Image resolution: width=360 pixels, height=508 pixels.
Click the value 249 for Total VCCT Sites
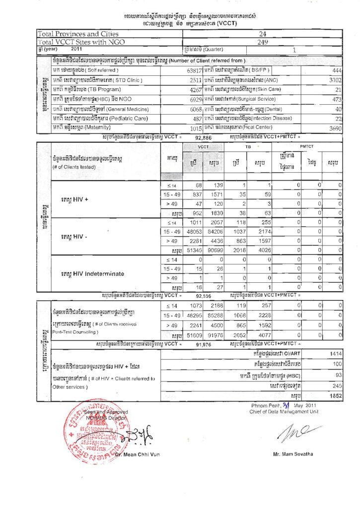click(x=263, y=42)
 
